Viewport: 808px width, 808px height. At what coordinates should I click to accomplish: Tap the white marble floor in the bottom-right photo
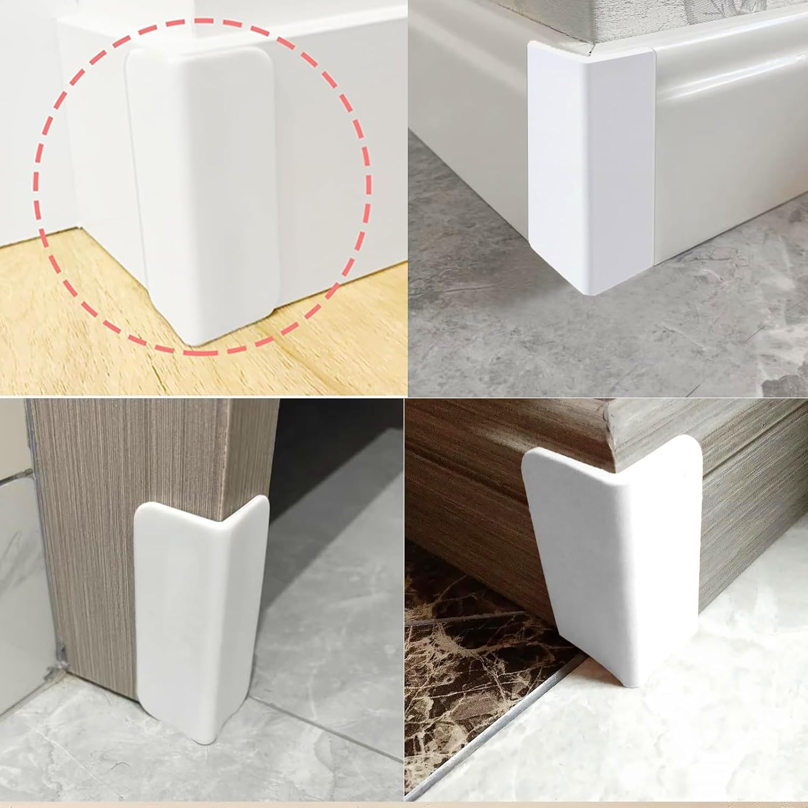[700, 727]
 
